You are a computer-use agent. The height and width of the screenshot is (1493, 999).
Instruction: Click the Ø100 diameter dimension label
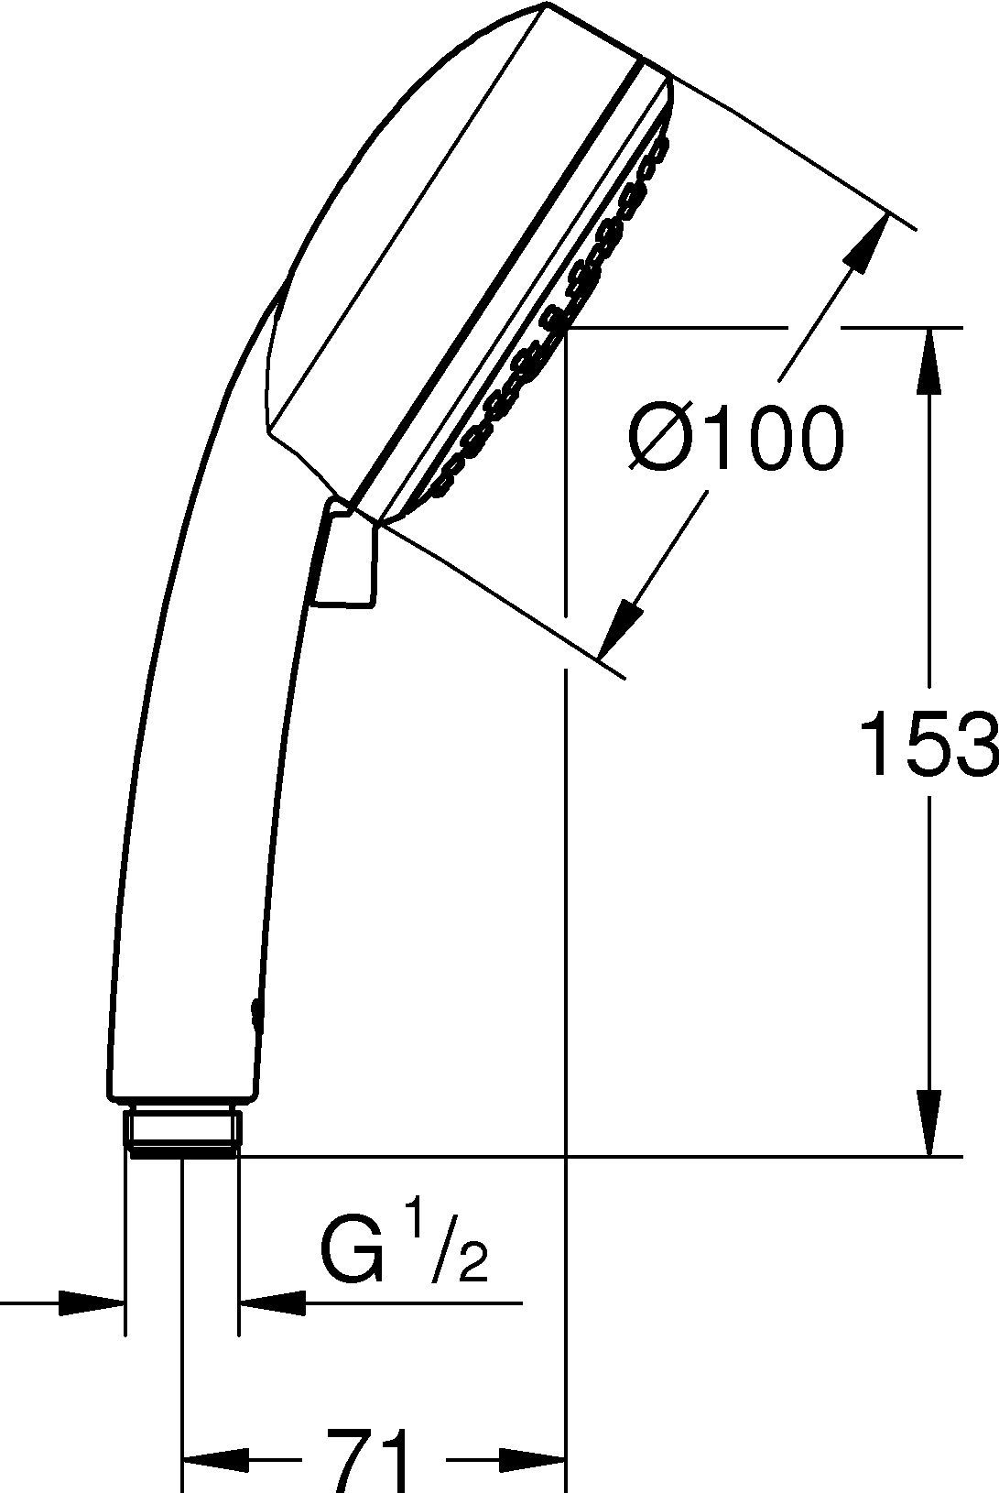click(x=734, y=439)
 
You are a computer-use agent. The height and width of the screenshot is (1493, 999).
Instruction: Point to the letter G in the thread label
click(x=351, y=1250)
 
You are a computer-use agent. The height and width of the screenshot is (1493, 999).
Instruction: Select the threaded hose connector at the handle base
click(x=184, y=1132)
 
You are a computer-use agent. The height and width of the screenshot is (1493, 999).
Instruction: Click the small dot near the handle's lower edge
click(x=253, y=1010)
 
